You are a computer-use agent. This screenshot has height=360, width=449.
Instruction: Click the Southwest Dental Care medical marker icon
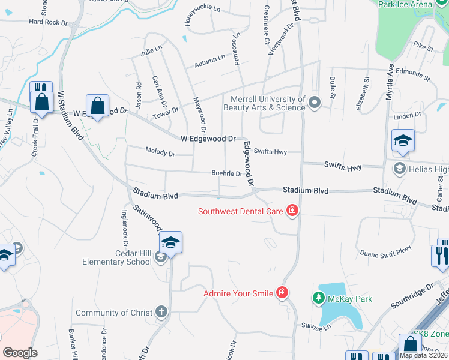pos(292,211)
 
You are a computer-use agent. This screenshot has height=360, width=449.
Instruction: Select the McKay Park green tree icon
pos(318,298)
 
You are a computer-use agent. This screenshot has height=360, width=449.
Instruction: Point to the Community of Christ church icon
pos(161,312)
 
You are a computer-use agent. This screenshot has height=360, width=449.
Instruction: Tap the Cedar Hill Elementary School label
pos(113,257)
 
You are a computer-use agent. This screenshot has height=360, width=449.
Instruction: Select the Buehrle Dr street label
pos(226,174)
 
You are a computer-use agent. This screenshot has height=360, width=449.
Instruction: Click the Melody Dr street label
pos(160,154)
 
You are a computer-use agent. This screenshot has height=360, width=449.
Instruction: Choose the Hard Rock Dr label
pos(49,22)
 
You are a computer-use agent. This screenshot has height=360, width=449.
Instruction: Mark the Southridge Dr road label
pos(412,296)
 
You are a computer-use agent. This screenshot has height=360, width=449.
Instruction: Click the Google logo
pos(20,352)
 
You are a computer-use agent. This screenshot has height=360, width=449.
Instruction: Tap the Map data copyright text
pos(424,355)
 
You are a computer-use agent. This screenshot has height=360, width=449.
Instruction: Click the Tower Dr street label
pos(166,112)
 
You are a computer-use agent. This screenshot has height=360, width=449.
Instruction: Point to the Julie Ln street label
pos(151,51)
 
